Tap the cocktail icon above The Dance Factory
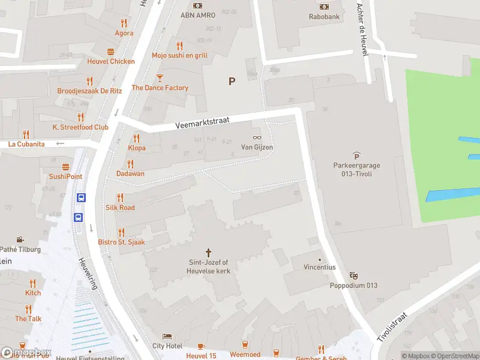tap(160, 77)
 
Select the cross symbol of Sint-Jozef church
tap(209, 253)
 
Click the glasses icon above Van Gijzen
tap(257, 137)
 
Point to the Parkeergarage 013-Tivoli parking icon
tap(356, 155)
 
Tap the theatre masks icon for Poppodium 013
tap(354, 275)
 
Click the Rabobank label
tap(325, 17)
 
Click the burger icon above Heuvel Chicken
tap(110, 52)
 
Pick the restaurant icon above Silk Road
tap(120, 197)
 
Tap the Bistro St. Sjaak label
tap(121, 242)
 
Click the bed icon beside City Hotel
tap(167, 336)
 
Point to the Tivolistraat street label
tap(392, 327)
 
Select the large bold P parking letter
tap(232, 81)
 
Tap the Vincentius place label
tap(319, 267)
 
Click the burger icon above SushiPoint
tap(65, 167)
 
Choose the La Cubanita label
tap(26, 144)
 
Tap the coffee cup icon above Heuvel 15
tap(200, 346)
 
